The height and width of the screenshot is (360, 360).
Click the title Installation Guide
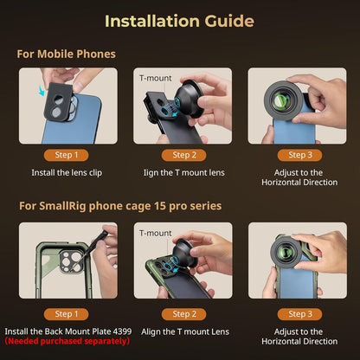click(x=180, y=20)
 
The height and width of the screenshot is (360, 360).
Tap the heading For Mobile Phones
click(x=66, y=54)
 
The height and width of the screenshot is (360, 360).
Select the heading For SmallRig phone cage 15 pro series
click(x=120, y=205)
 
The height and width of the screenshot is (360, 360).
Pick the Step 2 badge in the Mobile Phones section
click(x=183, y=155)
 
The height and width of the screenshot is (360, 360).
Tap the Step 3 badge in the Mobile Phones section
click(x=298, y=155)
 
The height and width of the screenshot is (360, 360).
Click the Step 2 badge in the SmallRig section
click(x=183, y=313)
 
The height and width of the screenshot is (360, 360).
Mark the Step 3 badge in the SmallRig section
click(x=298, y=313)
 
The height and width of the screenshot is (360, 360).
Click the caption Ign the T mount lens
click(x=183, y=171)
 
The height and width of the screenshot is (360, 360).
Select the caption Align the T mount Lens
click(x=183, y=331)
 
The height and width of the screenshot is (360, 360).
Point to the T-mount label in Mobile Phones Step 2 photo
click(x=155, y=78)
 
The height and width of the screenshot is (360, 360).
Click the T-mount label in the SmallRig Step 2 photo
click(x=155, y=233)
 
